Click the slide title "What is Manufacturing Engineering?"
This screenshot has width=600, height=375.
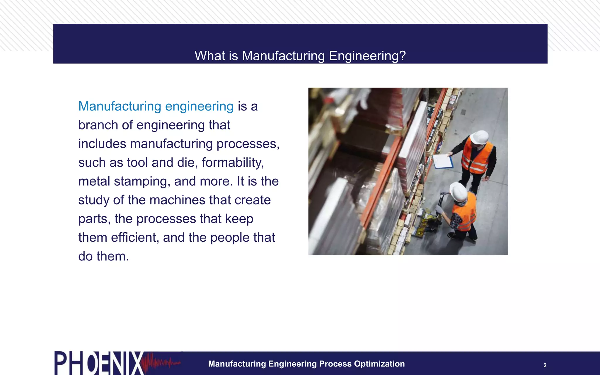300,56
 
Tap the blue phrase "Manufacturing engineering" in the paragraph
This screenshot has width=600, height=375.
156,106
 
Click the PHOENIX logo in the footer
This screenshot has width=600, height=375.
98,363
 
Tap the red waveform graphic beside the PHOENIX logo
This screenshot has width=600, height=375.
161,363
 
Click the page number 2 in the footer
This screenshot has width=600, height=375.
545,365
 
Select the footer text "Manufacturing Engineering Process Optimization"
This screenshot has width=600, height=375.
306,364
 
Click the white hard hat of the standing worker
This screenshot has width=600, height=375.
479,137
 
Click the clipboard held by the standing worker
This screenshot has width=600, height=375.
443,161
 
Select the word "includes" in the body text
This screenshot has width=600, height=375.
102,144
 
